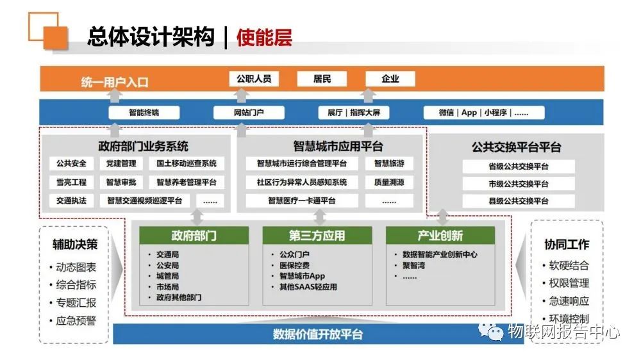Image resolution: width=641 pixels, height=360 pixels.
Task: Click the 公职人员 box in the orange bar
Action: (x=254, y=79)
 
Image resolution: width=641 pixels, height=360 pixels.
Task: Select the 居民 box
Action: (x=322, y=79)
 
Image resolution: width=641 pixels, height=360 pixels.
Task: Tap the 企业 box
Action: (x=390, y=79)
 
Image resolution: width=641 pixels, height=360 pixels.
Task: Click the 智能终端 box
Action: (x=144, y=112)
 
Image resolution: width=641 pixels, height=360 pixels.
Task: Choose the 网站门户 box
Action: (x=249, y=112)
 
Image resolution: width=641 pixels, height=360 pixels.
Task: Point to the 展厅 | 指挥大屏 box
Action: (x=354, y=112)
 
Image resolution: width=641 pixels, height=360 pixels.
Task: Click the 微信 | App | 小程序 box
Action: (x=483, y=112)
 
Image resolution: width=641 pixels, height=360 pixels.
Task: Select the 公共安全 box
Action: (x=72, y=163)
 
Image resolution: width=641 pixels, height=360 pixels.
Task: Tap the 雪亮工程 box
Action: (x=72, y=183)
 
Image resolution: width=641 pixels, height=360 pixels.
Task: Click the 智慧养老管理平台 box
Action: (x=187, y=183)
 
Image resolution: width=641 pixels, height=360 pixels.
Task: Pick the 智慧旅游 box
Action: (x=389, y=163)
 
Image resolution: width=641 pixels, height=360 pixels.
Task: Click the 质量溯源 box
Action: (x=389, y=183)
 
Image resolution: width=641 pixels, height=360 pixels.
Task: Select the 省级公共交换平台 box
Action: (x=519, y=167)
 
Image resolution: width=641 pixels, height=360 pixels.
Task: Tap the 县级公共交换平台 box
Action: (x=519, y=201)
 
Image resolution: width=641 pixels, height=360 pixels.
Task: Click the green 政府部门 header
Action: (x=194, y=235)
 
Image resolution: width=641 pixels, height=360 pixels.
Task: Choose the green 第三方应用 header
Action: (x=317, y=235)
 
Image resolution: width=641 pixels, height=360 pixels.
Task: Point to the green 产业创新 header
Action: (x=440, y=235)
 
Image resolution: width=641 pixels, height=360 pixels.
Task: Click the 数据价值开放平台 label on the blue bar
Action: (x=318, y=334)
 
